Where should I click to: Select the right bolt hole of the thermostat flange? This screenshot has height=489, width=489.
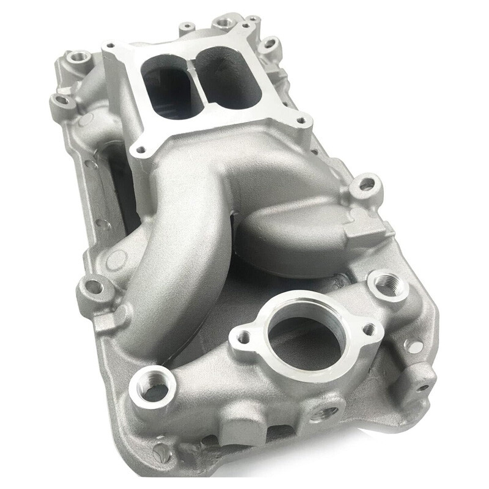[x=368, y=330]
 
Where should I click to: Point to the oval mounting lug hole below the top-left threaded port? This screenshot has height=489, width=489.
[x=61, y=100]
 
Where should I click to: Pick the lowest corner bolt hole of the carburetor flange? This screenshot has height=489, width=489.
[x=142, y=149]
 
